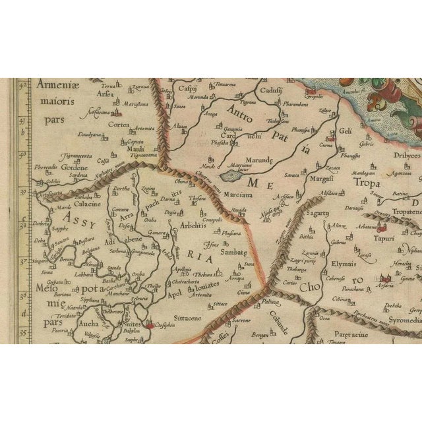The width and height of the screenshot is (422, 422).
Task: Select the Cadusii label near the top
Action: pyautogui.click(x=272, y=90)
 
